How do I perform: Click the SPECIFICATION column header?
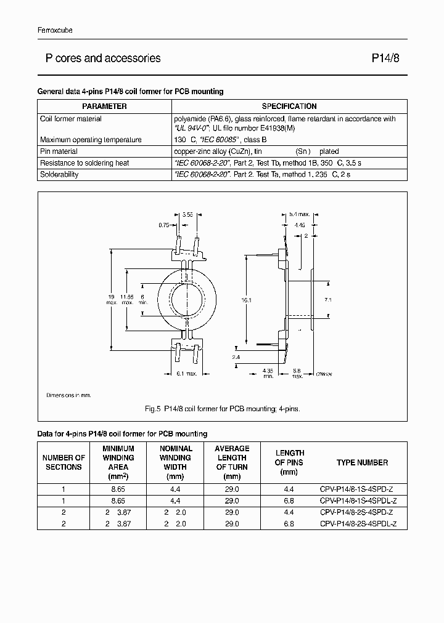tap(289, 107)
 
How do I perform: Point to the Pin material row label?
tap(59, 151)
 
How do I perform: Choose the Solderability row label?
tap(59, 175)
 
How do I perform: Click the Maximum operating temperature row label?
tap(91, 140)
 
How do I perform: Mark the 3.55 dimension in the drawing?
tap(188, 215)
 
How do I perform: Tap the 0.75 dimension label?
tap(163, 225)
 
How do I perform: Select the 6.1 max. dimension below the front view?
tap(187, 373)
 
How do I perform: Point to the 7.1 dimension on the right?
tap(327, 300)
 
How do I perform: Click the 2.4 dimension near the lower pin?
tap(236, 356)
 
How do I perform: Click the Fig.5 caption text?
tap(222, 408)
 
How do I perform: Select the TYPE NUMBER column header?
tap(362, 462)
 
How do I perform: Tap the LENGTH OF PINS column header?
tap(289, 462)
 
